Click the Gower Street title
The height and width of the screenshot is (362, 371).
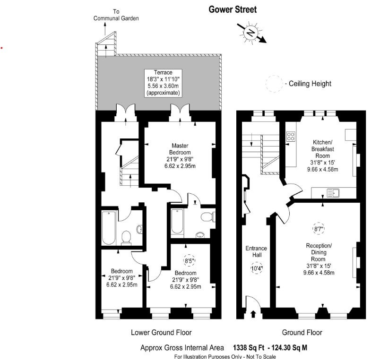point(233,9)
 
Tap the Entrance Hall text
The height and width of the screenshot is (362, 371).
point(256,252)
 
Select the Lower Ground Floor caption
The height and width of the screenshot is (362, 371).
point(161,333)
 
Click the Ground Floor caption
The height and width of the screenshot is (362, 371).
point(302,333)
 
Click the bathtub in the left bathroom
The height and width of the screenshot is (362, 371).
point(109,227)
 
